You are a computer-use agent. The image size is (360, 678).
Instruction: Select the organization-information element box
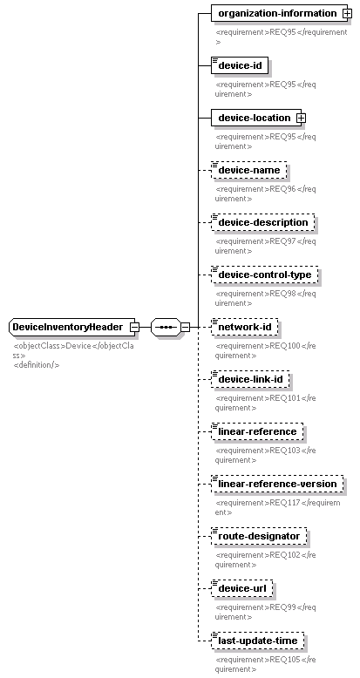click(282, 13)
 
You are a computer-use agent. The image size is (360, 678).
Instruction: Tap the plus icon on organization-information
click(347, 13)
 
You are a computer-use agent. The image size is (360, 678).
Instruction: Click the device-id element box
click(240, 65)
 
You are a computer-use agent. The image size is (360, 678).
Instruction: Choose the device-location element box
click(258, 118)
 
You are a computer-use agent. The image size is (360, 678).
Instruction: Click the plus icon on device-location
click(301, 118)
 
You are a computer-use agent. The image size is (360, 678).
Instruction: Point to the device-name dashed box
click(248, 170)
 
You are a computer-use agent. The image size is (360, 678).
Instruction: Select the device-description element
click(262, 223)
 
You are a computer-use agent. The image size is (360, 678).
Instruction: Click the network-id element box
click(244, 327)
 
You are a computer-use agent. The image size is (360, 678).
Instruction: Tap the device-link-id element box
click(250, 380)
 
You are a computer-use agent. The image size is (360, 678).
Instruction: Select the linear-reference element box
click(257, 431)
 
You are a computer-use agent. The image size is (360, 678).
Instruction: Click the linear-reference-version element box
click(277, 484)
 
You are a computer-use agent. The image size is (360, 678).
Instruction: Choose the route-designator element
click(259, 536)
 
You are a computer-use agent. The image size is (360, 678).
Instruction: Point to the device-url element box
click(241, 588)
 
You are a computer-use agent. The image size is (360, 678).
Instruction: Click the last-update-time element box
click(257, 641)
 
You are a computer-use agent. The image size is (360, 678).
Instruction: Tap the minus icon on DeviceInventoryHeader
click(134, 328)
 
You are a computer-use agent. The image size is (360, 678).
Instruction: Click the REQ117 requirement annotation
click(277, 508)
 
